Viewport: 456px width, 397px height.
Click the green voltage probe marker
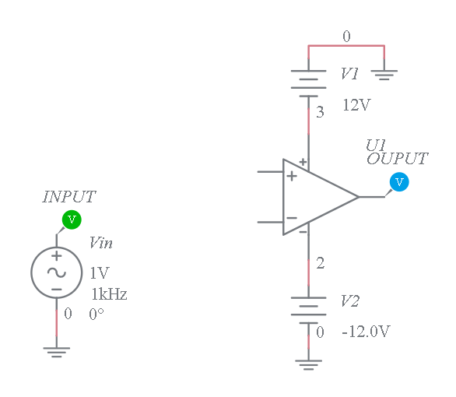72,220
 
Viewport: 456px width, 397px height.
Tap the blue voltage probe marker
399,182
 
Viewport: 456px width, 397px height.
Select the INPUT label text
69,197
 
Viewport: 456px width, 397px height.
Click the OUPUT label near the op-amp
397,159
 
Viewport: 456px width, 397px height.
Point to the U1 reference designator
376,146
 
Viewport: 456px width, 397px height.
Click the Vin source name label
101,243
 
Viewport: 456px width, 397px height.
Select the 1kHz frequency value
109,294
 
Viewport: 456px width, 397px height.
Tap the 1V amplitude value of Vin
100,272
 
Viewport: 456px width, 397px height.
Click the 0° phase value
96,314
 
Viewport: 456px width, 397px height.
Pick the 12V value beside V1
357,105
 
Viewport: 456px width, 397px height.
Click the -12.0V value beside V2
366,332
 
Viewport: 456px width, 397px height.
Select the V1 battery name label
349,74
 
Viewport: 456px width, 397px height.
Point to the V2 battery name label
350,300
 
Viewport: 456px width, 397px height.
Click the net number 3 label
320,112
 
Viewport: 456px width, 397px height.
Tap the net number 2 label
320,263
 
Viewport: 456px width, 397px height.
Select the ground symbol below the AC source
57,352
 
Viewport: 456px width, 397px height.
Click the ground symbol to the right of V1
384,75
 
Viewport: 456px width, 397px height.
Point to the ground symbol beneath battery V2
309,365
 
